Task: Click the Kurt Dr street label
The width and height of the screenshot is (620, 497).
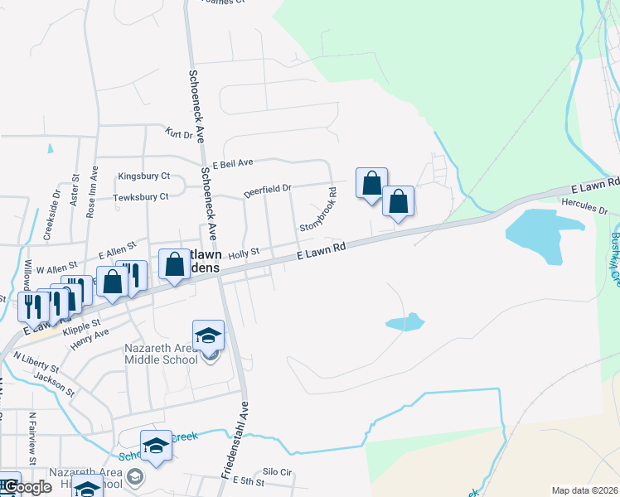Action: pyautogui.click(x=178, y=133)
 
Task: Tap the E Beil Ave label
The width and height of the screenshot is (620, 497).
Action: pyautogui.click(x=232, y=165)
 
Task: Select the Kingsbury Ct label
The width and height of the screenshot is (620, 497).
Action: pyautogui.click(x=143, y=176)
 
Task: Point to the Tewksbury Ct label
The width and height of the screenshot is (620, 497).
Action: pyautogui.click(x=140, y=196)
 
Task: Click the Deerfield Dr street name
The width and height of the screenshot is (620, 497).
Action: pyautogui.click(x=268, y=191)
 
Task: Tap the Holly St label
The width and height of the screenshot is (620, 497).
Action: pyautogui.click(x=245, y=252)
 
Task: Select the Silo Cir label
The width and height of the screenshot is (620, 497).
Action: pyautogui.click(x=277, y=472)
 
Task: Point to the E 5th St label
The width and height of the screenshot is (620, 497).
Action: pyautogui.click(x=247, y=481)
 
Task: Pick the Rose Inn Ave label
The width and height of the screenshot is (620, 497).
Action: pyautogui.click(x=92, y=191)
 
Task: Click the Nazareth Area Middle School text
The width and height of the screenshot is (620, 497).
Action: pyautogui.click(x=161, y=353)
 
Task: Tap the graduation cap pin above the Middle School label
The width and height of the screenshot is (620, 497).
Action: pyautogui.click(x=208, y=335)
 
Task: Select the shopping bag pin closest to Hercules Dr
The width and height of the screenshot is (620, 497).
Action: pyautogui.click(x=398, y=201)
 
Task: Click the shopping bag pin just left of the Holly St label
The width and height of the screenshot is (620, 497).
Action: pyautogui.click(x=175, y=265)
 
